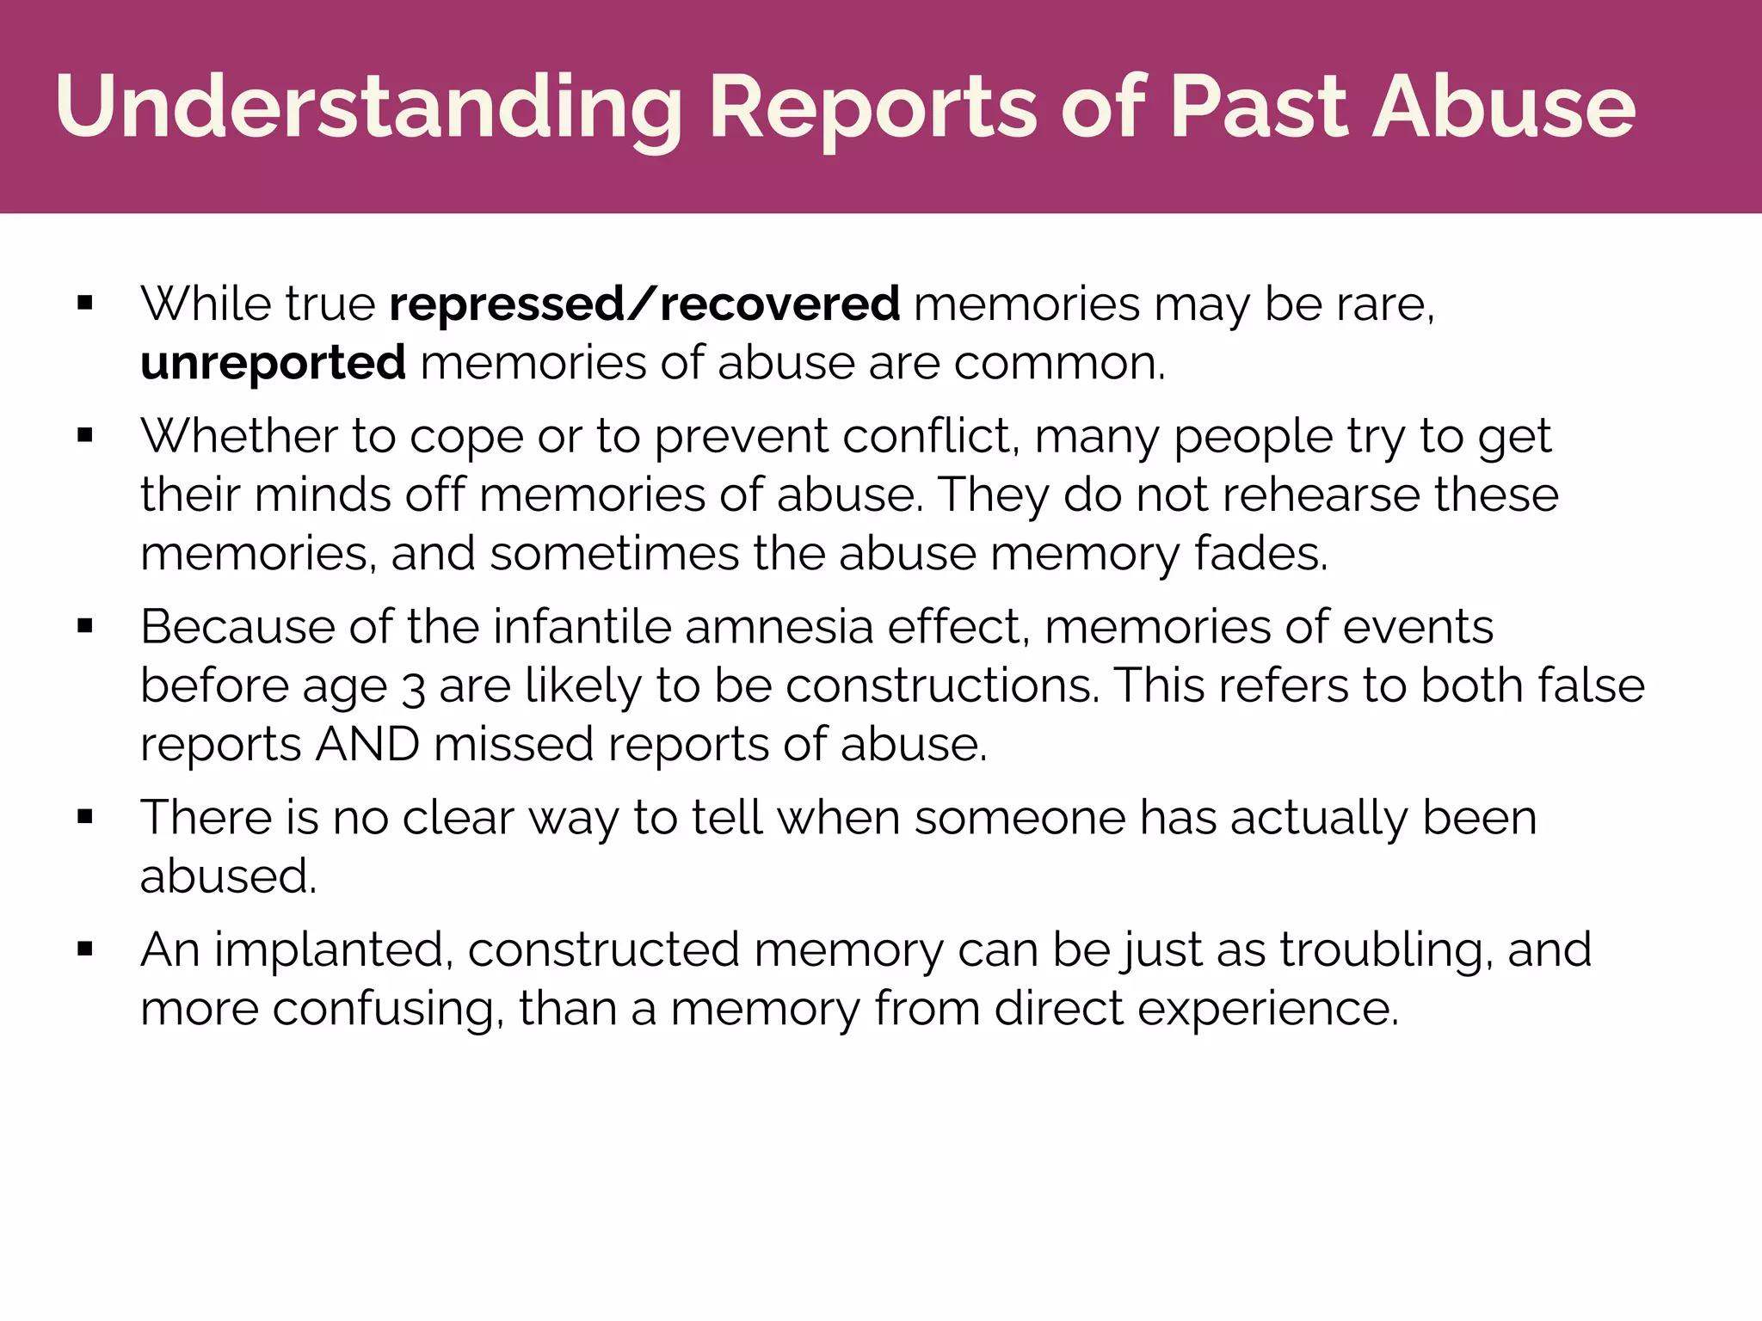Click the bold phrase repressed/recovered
(x=644, y=304)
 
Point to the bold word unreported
(x=273, y=362)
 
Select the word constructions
(x=942, y=685)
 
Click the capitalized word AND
(x=367, y=744)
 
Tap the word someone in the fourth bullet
(x=1020, y=817)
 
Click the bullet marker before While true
(x=84, y=303)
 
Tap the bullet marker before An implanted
(x=84, y=949)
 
